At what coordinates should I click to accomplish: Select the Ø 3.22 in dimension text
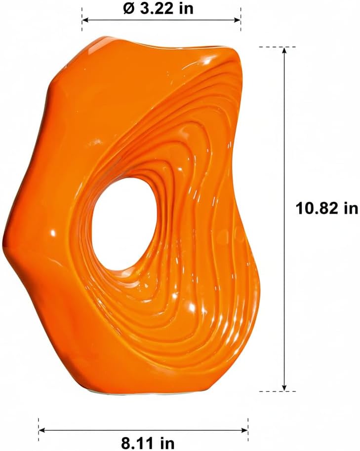click(159, 8)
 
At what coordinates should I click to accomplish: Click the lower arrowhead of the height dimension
click(284, 387)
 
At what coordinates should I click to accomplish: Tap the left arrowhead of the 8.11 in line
click(42, 430)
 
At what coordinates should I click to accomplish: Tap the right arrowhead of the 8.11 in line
click(244, 430)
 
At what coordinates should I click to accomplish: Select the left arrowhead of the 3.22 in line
click(86, 20)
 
